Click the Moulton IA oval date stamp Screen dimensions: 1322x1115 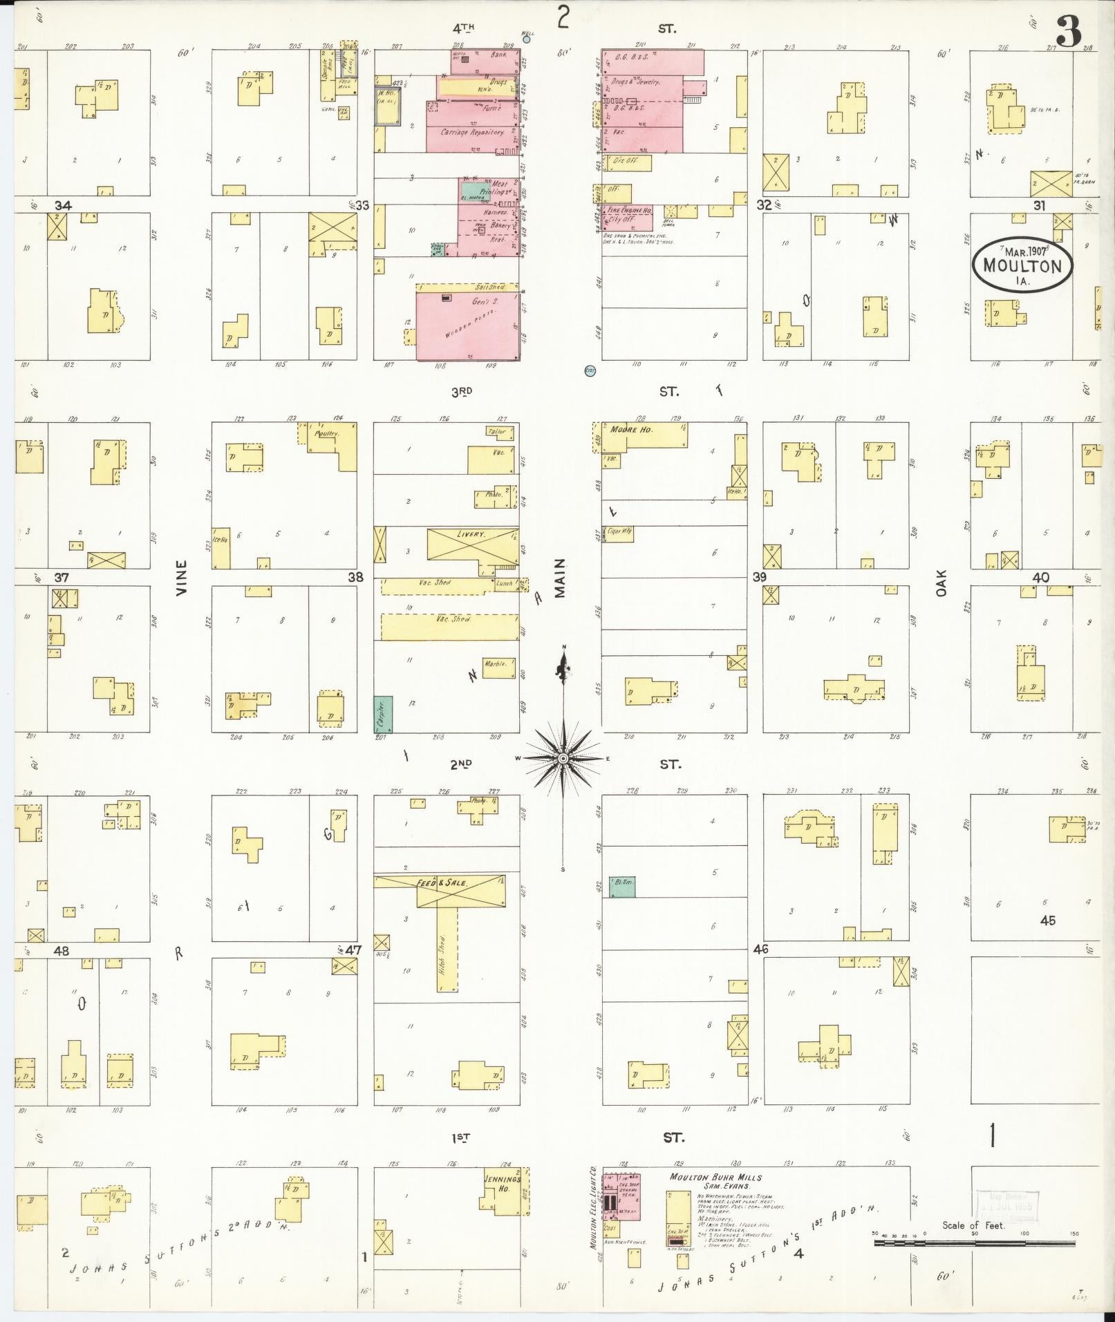point(1022,264)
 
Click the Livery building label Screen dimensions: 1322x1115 point(471,535)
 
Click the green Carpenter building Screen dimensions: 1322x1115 point(384,714)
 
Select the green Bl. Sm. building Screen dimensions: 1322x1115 point(622,887)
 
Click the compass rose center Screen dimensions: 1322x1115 point(563,759)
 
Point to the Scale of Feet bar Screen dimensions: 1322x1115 point(974,1243)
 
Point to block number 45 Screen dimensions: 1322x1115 point(1047,920)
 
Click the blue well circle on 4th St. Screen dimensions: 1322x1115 point(527,39)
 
